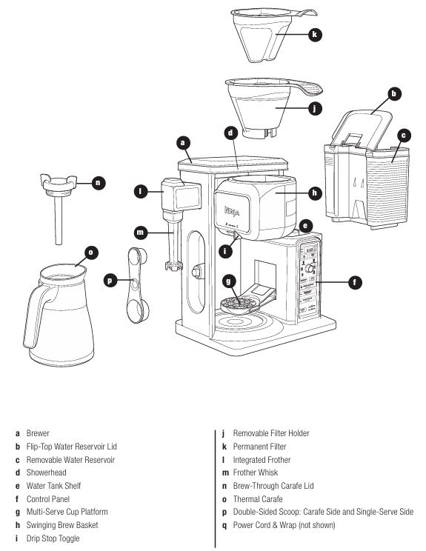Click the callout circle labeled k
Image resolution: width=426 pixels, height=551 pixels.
(315, 34)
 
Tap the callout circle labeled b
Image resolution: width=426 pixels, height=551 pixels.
(394, 93)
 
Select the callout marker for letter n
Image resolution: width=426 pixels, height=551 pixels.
(98, 183)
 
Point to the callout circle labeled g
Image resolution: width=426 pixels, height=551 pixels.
(229, 281)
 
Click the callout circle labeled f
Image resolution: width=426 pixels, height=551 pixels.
(355, 282)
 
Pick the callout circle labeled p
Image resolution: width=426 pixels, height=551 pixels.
(110, 281)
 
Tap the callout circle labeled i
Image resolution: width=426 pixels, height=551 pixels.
(225, 252)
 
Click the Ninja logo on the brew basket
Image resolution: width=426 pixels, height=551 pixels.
(232, 212)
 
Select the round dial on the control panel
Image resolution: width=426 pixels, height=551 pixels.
(309, 269)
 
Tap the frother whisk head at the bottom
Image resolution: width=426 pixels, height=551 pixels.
(173, 266)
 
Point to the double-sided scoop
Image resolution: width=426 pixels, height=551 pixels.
(137, 285)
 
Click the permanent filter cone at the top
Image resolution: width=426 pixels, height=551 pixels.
(267, 35)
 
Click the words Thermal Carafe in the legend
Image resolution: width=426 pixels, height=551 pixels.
(258, 499)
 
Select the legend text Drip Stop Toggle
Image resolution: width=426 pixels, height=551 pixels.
(53, 538)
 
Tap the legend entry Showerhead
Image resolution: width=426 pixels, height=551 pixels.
(46, 472)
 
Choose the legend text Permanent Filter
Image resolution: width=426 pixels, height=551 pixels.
(259, 447)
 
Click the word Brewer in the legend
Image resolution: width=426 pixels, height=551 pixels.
(38, 433)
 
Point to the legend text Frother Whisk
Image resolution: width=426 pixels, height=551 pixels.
(255, 472)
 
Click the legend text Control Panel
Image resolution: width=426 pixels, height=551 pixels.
(48, 499)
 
